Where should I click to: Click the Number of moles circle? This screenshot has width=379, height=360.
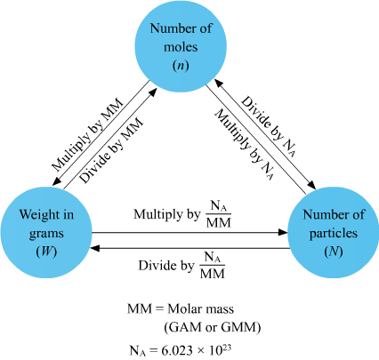click(x=181, y=46)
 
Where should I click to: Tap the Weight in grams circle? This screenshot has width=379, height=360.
click(x=46, y=232)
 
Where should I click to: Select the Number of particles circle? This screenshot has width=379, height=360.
click(x=333, y=232)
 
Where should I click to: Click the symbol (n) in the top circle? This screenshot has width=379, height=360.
click(x=181, y=66)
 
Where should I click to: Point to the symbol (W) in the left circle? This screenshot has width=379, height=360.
click(x=46, y=252)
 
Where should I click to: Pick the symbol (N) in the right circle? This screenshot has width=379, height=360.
click(x=334, y=252)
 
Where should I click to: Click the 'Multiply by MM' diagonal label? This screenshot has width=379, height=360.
click(x=87, y=135)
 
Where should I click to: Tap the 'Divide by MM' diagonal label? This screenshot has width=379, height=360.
click(x=111, y=150)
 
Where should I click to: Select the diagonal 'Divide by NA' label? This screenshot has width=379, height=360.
click(x=269, y=126)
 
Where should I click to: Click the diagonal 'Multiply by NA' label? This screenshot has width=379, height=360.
click(x=245, y=145)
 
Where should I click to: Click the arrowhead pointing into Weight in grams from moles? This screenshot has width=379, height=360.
click(x=57, y=181)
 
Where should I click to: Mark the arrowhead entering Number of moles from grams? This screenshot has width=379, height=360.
click(x=152, y=92)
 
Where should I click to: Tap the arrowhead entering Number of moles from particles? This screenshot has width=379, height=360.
click(x=219, y=84)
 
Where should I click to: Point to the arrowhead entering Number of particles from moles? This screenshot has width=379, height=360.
click(x=311, y=184)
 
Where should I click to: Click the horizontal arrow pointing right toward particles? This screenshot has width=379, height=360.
click(x=189, y=232)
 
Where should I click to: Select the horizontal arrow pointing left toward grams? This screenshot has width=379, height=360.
click(x=189, y=248)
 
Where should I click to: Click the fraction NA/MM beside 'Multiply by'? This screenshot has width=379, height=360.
click(x=219, y=214)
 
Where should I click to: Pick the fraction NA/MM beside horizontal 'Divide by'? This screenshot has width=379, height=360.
click(x=213, y=265)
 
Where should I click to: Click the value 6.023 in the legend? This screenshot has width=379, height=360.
click(x=177, y=351)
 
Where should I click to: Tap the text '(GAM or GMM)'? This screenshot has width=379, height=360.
click(x=213, y=327)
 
